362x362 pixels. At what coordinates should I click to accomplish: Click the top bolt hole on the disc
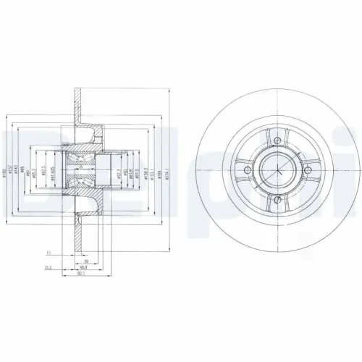pyautogui.click(x=279, y=140)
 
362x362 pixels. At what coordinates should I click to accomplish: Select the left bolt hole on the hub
pyautogui.click(x=248, y=171)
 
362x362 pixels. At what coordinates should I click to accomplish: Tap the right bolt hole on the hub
pyautogui.click(x=310, y=171)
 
